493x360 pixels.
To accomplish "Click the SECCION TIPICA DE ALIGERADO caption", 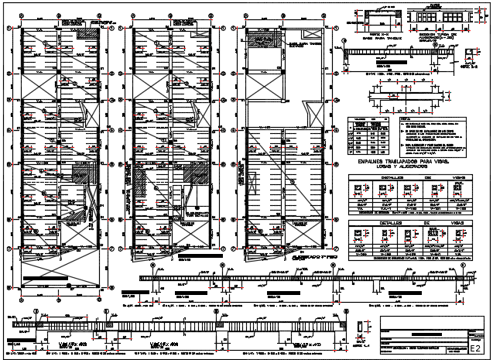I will point(438,38).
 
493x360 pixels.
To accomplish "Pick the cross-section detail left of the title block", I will point(363,331).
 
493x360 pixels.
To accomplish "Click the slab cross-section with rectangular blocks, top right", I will point(437,17).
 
